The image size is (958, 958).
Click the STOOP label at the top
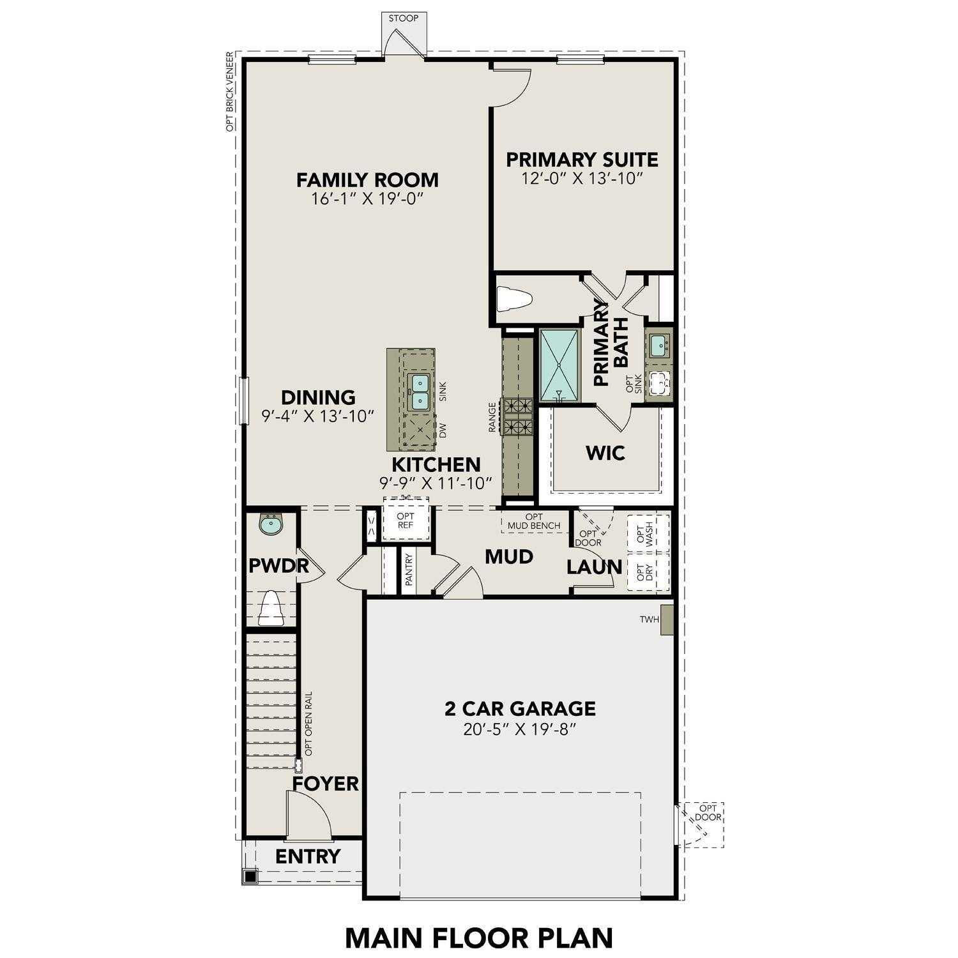404,18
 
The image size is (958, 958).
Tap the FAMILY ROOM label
367,179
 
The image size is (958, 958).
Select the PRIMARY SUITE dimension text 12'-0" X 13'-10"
581,178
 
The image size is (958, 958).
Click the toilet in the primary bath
514,299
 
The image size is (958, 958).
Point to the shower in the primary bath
560,365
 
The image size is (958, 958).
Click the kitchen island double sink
418,392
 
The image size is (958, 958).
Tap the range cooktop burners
519,415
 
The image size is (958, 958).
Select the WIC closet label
605,453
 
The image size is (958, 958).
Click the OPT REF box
406,521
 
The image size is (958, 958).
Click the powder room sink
271,525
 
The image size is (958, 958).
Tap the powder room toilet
271,608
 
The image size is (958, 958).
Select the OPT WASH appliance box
648,534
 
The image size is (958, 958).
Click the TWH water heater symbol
667,620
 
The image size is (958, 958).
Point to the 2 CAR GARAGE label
520,708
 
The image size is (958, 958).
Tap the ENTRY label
308,856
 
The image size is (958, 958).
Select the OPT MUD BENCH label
534,521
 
